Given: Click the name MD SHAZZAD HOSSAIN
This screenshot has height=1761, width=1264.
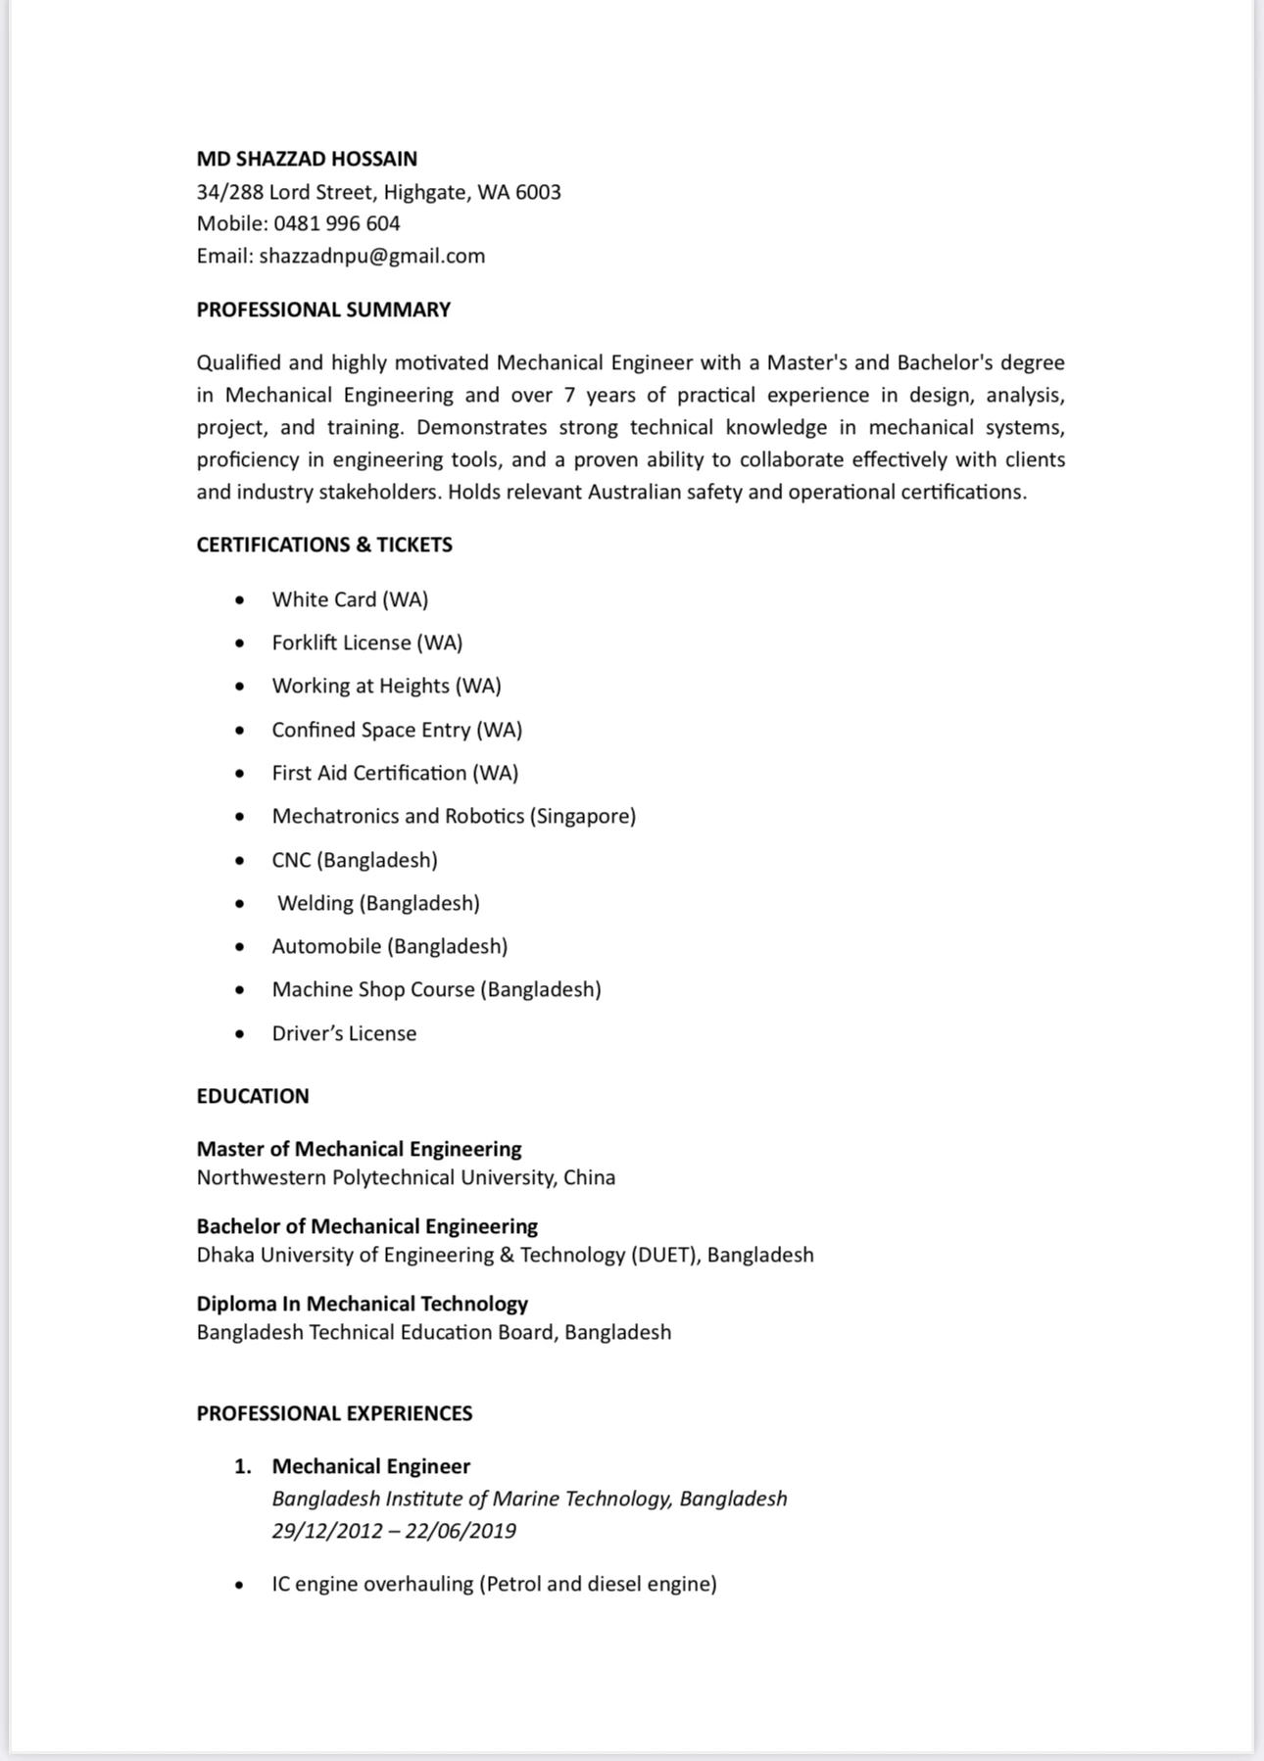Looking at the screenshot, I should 307,159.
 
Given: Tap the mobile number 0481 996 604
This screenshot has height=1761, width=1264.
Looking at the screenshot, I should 337,223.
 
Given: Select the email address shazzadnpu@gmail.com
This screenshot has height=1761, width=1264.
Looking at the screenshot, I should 372,256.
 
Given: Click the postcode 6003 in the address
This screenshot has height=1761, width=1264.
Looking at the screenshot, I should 538,192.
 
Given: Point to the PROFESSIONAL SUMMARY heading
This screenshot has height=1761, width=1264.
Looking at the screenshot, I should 323,309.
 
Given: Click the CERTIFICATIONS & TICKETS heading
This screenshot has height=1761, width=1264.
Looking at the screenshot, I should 324,545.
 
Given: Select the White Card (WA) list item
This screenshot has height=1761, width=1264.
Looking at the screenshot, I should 350,599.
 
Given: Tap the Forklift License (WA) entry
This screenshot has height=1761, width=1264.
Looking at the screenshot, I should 367,643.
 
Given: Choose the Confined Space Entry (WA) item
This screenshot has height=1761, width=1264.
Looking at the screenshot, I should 397,730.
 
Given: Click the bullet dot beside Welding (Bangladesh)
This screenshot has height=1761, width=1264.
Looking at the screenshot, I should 240,903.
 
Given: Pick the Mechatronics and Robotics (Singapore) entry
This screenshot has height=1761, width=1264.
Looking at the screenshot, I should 454,816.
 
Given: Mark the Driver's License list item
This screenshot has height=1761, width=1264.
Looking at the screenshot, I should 344,1033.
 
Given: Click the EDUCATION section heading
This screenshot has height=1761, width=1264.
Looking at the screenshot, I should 253,1096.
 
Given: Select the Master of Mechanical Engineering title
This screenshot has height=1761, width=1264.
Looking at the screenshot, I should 359,1149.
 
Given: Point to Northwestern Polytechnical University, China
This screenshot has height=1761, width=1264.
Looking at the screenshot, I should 406,1177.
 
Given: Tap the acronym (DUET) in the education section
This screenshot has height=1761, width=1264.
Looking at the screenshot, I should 665,1255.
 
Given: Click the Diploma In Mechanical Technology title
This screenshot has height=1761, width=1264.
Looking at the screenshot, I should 362,1304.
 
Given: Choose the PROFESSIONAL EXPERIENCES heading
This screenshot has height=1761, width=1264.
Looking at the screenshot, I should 334,1413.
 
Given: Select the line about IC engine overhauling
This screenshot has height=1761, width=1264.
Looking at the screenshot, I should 494,1584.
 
